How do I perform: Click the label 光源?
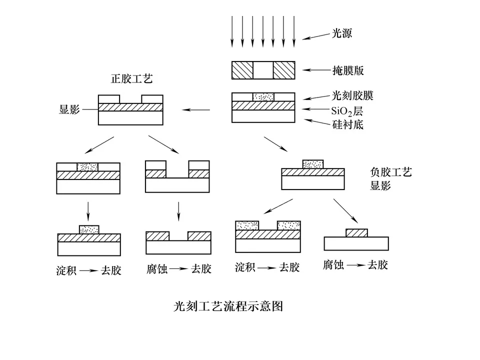[342, 33]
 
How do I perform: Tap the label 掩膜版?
[348, 70]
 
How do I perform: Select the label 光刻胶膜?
[352, 96]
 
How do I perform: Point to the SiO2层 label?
[347, 111]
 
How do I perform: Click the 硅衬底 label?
[348, 124]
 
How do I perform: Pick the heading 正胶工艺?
[131, 78]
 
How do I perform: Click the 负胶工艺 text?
[391, 172]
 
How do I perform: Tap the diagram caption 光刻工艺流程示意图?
[228, 306]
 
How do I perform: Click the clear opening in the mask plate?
[263, 70]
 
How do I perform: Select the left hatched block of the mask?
[242, 70]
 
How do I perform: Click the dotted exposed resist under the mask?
[263, 97]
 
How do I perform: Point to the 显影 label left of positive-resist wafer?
[69, 109]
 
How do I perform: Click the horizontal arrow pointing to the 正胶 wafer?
[196, 109]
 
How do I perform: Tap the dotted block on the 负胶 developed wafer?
[313, 164]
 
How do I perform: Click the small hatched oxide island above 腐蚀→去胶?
[356, 233]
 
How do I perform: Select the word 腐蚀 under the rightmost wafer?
[333, 265]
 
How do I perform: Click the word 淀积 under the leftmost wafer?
[66, 270]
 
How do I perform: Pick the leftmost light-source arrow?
[232, 31]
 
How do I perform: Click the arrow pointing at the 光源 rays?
[317, 36]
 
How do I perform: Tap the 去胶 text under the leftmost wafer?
[111, 270]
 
